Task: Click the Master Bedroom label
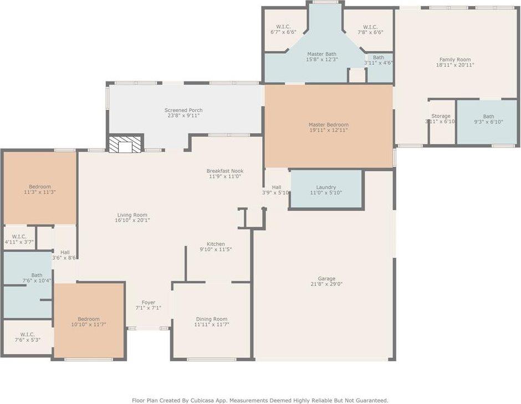(x=329, y=125)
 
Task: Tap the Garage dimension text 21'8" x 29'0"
(x=326, y=284)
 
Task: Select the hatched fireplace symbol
(x=125, y=144)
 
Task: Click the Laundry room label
(x=326, y=187)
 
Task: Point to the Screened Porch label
(x=183, y=110)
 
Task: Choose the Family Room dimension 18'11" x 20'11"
(x=455, y=65)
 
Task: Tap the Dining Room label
(x=212, y=319)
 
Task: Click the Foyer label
(x=148, y=303)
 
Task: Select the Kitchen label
(x=216, y=244)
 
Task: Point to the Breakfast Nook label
(x=225, y=171)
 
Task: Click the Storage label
(x=441, y=116)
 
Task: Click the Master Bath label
(x=321, y=54)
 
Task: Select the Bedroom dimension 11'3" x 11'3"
(x=40, y=192)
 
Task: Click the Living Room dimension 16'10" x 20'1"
(x=132, y=220)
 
